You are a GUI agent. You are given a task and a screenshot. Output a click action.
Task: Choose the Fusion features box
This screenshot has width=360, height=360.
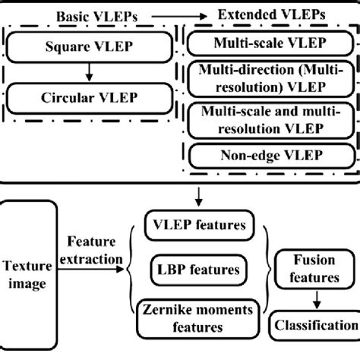[x=317, y=270]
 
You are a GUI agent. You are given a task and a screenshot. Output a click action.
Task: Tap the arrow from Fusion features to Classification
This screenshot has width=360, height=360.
[x=317, y=300]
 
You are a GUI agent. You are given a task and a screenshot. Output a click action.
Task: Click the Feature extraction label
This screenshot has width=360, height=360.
[x=94, y=251]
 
